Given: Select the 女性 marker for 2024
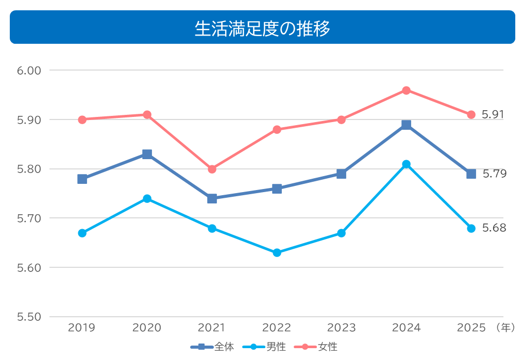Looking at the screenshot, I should point(406,90).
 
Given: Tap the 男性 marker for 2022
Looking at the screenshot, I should point(277,253).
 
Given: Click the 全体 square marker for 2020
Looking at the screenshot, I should point(147,154).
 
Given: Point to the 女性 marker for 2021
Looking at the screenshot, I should point(212,169).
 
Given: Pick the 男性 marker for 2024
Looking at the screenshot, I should point(406,164).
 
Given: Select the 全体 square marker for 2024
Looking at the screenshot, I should point(406,125).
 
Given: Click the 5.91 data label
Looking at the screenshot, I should point(493,114).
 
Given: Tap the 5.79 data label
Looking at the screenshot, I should point(494,174).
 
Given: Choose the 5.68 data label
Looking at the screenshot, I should point(494,228).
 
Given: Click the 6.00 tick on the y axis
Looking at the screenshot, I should point(29,71).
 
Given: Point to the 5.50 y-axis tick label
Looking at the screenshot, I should point(29,317).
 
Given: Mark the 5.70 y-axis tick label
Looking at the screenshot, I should point(29,218).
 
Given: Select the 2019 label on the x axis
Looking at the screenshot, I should point(82,328).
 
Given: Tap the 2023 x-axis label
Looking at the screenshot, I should point(341,328).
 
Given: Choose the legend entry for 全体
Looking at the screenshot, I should point(213,347).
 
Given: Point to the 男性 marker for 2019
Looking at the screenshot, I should point(82,233).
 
